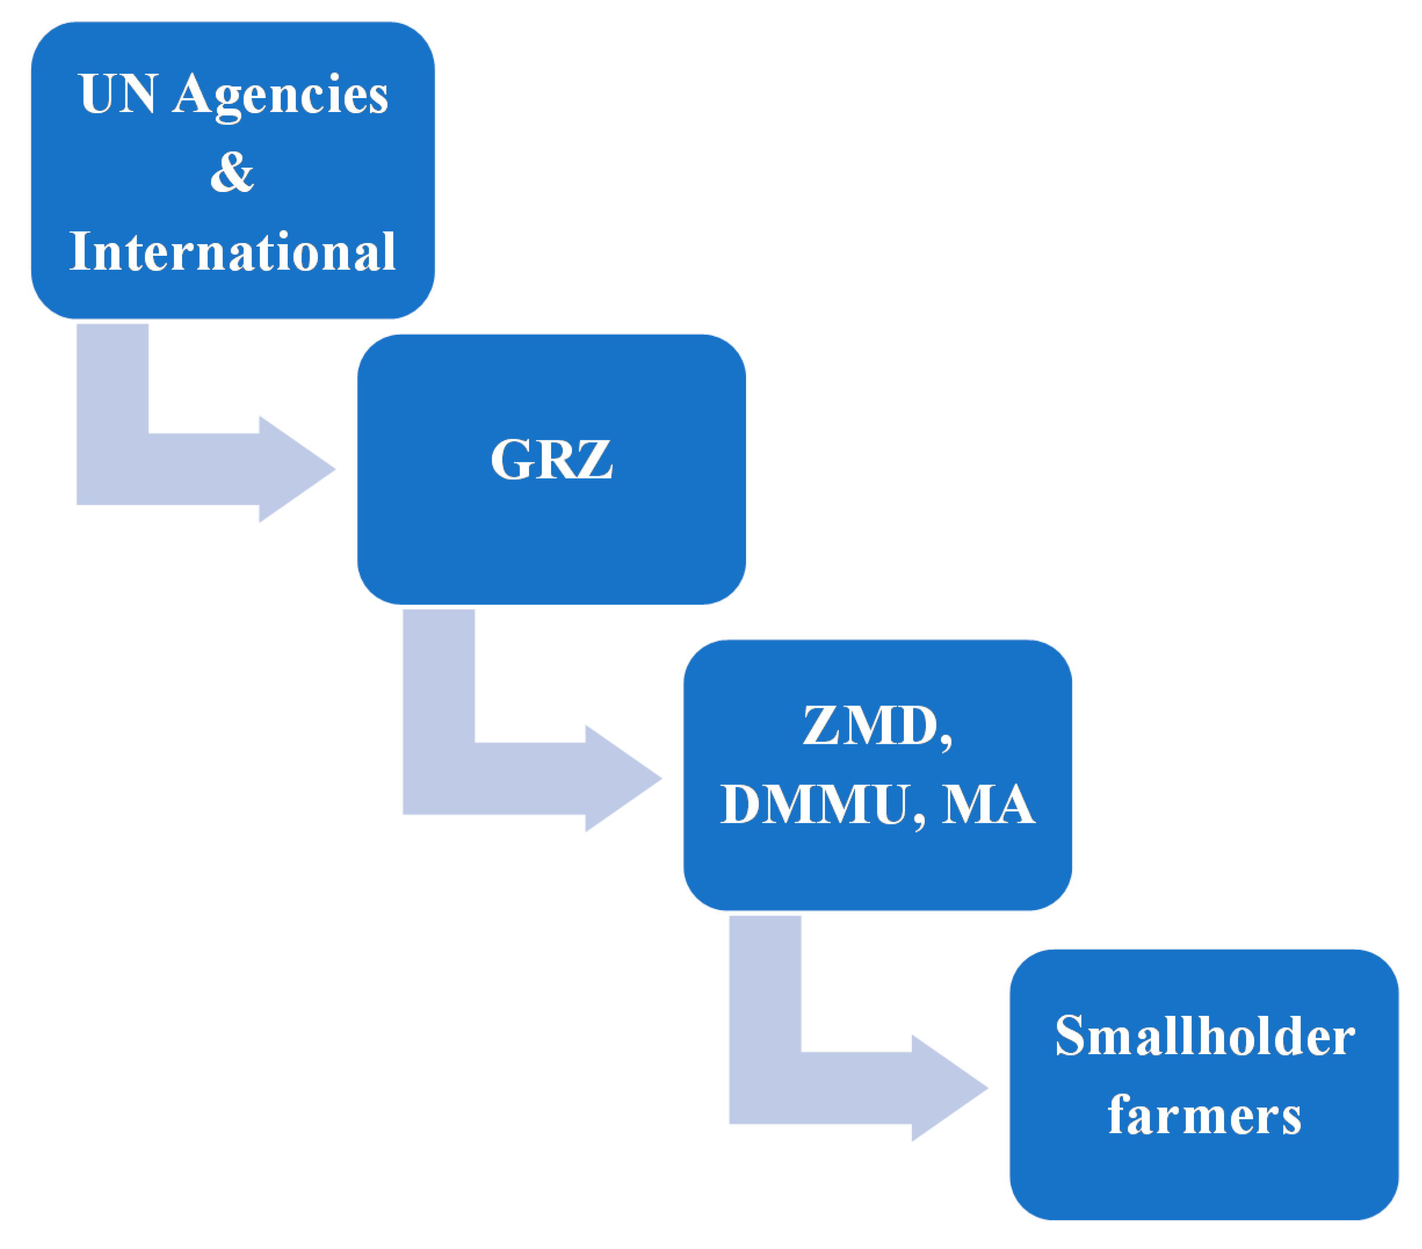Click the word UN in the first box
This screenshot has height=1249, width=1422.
click(x=117, y=94)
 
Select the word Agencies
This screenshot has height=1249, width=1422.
click(x=280, y=96)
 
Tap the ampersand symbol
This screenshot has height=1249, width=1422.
click(x=233, y=172)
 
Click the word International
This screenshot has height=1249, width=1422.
click(x=233, y=251)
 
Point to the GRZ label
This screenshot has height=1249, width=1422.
click(x=551, y=460)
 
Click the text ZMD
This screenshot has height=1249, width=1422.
click(x=869, y=726)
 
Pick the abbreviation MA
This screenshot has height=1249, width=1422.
click(x=988, y=805)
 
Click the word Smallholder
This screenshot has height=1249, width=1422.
click(x=1204, y=1037)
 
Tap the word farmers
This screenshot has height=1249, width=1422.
click(x=1204, y=1116)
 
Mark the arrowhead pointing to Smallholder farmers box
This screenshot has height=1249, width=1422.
click(x=950, y=1088)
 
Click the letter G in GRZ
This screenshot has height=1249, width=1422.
click(x=511, y=460)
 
